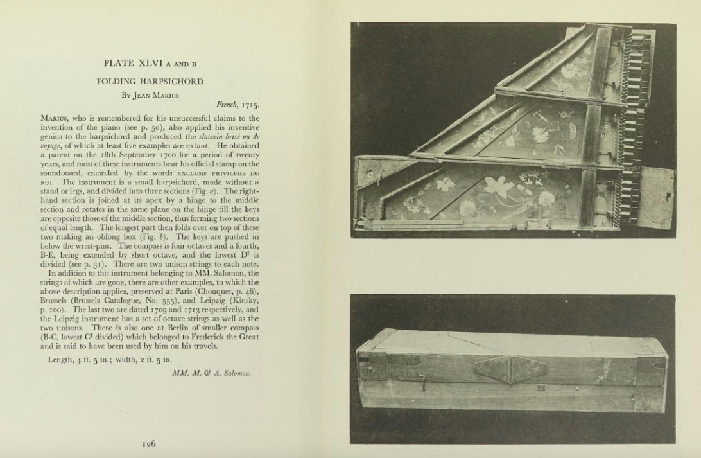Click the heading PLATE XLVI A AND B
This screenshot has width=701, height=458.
coord(150,63)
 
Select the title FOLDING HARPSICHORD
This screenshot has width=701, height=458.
coord(150,82)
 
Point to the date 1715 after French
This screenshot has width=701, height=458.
coord(249,105)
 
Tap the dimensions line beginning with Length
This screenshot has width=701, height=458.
coord(110,359)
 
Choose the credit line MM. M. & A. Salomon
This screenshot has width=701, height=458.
coord(211,373)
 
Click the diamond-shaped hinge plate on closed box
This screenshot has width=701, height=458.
coord(510,370)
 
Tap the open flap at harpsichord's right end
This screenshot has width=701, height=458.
coord(655,198)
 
